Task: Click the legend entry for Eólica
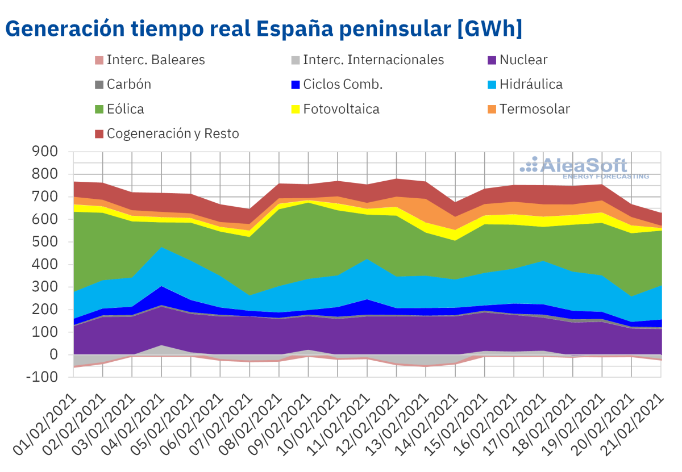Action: [x=125, y=109]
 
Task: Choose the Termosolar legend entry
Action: [x=534, y=109]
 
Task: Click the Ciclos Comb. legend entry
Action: [x=343, y=85]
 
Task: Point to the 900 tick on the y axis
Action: [x=45, y=152]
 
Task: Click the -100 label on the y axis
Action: [x=43, y=377]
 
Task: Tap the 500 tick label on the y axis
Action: [x=45, y=242]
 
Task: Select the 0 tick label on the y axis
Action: [x=53, y=354]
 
